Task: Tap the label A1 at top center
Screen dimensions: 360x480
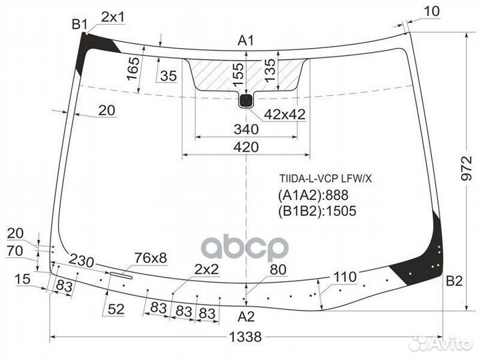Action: coord(246,41)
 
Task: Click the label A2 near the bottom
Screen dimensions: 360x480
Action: coord(246,316)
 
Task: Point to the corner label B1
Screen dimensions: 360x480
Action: coord(80,25)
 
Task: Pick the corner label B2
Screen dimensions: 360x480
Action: coord(454,281)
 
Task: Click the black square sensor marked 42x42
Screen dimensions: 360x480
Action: coord(246,101)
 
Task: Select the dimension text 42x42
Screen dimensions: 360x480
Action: coord(284,115)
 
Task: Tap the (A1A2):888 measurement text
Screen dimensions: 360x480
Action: coord(313,195)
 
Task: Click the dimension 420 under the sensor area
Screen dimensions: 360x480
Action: coord(246,147)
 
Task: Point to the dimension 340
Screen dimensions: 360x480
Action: coord(246,129)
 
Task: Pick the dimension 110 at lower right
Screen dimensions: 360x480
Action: coord(345,276)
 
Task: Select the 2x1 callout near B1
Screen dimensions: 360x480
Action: coord(113,17)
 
